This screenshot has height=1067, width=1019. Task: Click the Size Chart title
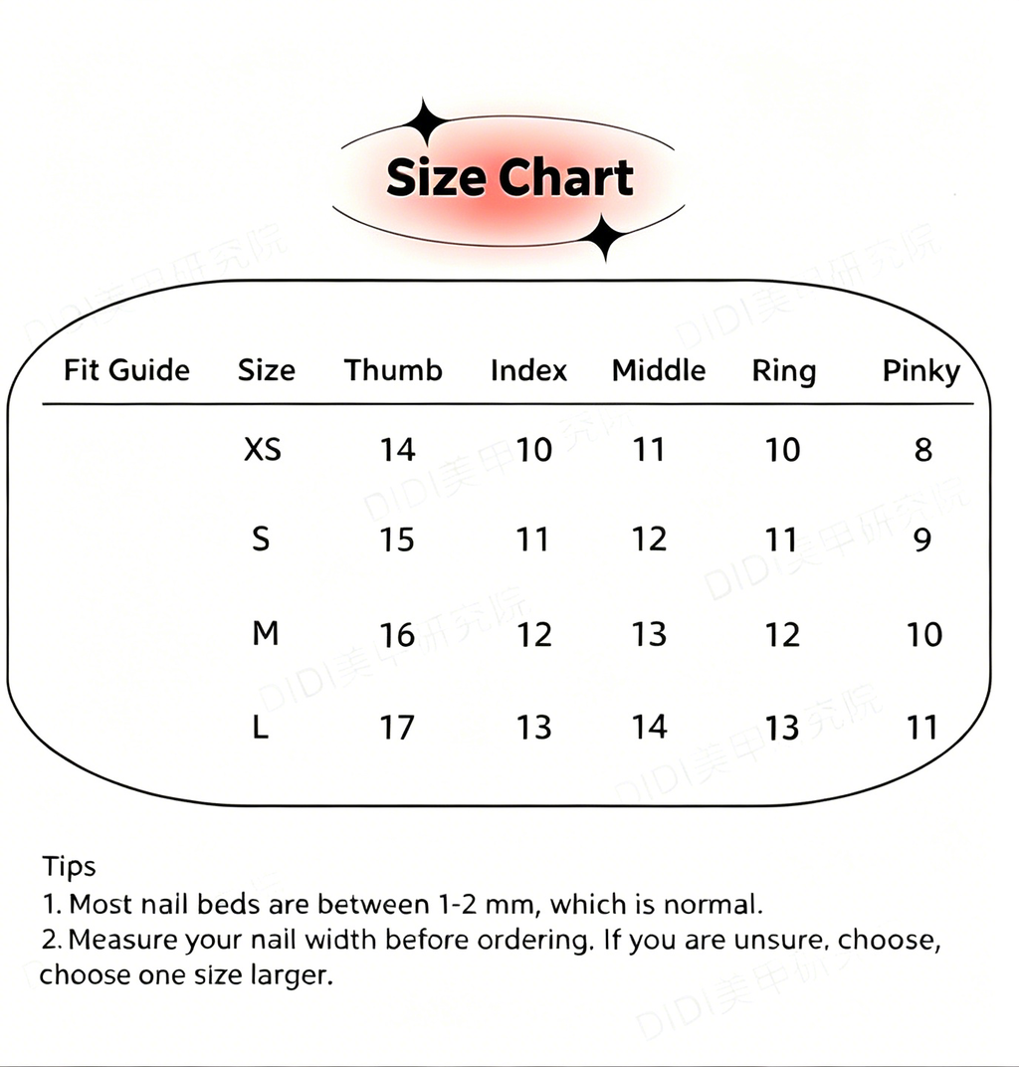click(x=509, y=177)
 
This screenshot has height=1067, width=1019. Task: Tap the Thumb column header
click(x=393, y=370)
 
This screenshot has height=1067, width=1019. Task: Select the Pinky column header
click(x=921, y=371)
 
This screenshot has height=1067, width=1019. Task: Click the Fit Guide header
click(x=126, y=370)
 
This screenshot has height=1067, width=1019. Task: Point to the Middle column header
click(x=659, y=370)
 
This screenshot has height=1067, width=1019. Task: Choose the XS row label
click(x=263, y=449)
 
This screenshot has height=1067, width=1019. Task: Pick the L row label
click(x=261, y=728)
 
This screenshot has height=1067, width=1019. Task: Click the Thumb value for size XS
click(x=397, y=450)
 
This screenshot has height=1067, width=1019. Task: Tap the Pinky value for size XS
click(x=923, y=450)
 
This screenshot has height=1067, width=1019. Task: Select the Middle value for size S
click(x=649, y=538)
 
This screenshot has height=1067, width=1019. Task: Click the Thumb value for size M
click(x=397, y=635)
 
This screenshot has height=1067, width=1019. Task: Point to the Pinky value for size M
click(x=924, y=635)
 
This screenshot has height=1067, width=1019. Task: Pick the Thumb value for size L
click(x=397, y=728)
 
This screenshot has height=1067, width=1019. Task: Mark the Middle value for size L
click(x=650, y=727)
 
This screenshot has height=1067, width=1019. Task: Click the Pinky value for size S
click(x=922, y=539)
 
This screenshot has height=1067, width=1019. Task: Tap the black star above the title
click(x=425, y=121)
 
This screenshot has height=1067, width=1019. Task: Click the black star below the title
click(x=605, y=238)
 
